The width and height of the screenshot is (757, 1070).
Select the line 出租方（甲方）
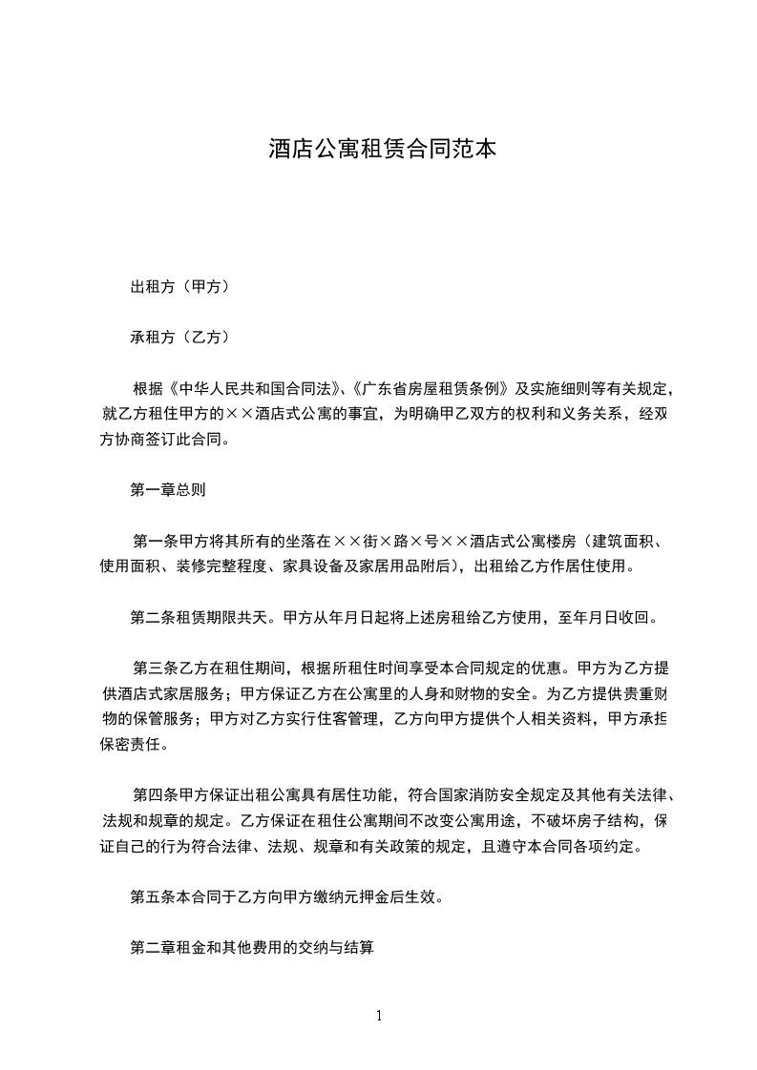(x=179, y=286)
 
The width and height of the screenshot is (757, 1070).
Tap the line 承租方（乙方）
(x=179, y=337)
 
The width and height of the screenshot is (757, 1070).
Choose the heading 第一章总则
(x=168, y=490)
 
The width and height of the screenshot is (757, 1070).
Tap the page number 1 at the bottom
(x=379, y=1016)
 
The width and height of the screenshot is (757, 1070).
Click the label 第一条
(x=153, y=542)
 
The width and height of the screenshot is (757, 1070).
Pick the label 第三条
(x=153, y=669)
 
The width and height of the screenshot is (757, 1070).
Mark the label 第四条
(x=153, y=795)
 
